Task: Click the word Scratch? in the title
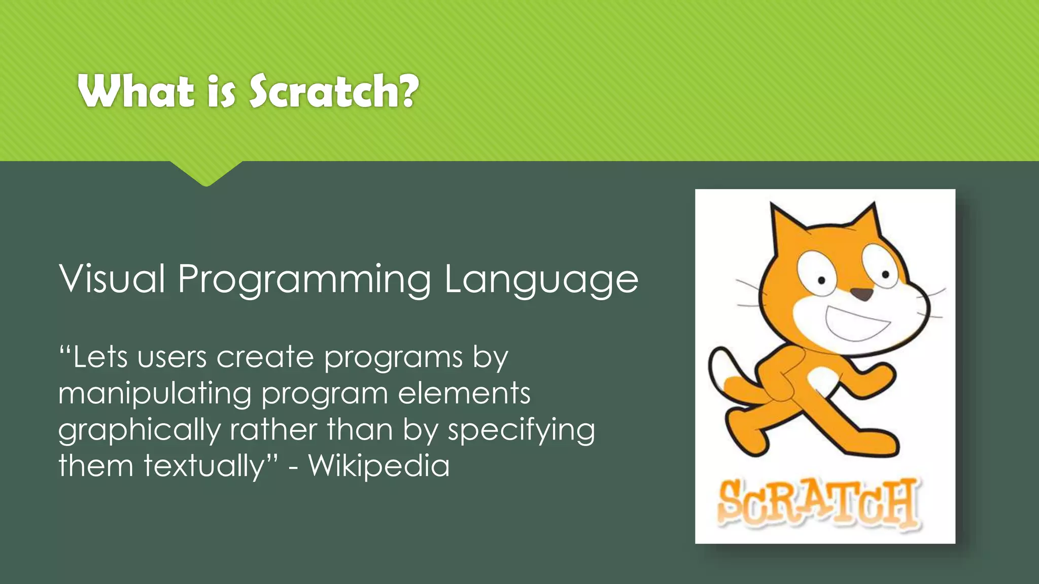[334, 91]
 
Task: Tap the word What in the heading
[136, 91]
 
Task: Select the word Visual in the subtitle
[112, 279]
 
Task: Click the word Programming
[304, 280]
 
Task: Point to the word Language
[541, 280]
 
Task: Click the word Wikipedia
[378, 466]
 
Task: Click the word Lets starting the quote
[100, 357]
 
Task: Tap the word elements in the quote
[464, 394]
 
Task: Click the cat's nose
[861, 294]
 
